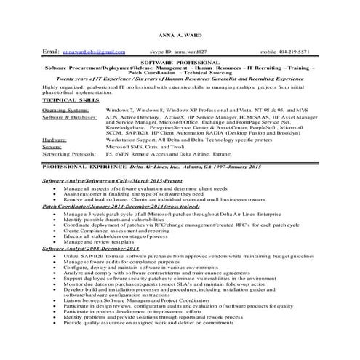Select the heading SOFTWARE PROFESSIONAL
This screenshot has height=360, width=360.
tap(180, 64)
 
